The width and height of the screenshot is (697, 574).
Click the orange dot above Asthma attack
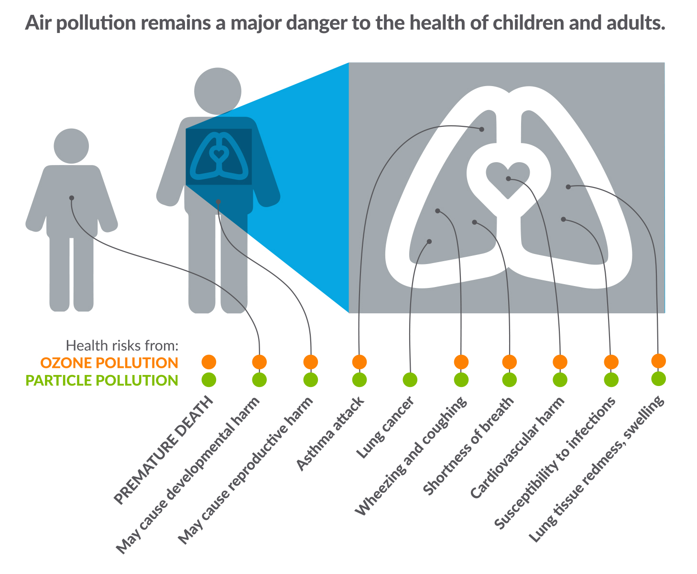click(x=359, y=362)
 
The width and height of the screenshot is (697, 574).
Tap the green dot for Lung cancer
click(x=410, y=380)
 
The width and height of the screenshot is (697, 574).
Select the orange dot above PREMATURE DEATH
click(x=209, y=362)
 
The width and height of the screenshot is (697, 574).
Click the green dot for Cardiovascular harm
click(x=560, y=380)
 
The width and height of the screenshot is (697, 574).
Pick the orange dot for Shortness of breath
click(x=509, y=362)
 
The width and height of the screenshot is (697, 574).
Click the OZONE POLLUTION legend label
click(x=109, y=363)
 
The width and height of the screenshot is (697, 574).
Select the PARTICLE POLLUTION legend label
click(x=101, y=380)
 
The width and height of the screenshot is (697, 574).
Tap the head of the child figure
click(x=71, y=145)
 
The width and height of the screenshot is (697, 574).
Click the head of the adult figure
click(x=218, y=91)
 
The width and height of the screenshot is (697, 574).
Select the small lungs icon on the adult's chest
click(x=218, y=156)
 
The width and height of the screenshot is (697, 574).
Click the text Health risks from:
click(x=122, y=345)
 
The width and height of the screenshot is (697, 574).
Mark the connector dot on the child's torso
click(x=71, y=198)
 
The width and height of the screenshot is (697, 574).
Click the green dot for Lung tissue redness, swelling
click(x=658, y=378)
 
